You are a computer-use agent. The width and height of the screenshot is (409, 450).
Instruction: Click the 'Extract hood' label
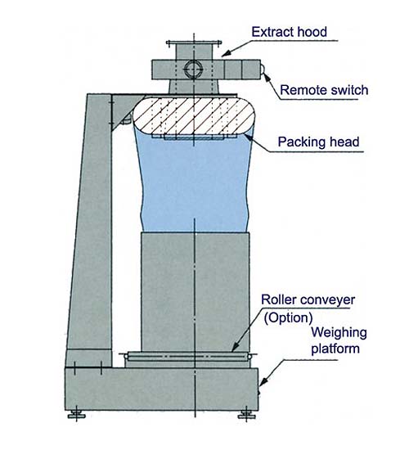(x=289, y=32)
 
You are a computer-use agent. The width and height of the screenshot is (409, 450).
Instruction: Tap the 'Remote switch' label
(x=324, y=90)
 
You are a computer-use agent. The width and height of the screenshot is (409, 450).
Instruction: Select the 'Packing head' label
(x=318, y=142)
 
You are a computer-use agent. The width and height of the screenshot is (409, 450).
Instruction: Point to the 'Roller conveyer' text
(x=308, y=300)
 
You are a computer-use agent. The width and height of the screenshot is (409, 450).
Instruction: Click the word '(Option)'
(x=288, y=317)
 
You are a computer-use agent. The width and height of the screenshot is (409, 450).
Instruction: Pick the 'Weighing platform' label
(x=339, y=340)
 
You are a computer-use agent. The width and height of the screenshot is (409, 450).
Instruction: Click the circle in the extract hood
(x=193, y=70)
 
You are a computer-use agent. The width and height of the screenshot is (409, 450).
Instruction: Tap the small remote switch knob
(x=263, y=69)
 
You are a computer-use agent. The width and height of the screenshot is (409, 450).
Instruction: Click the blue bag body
(x=194, y=183)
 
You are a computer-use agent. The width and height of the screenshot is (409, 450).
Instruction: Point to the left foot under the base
(x=76, y=415)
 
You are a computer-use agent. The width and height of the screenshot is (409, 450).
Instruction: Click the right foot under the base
(x=246, y=415)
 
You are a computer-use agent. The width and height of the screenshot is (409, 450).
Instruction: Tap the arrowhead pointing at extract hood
(x=226, y=53)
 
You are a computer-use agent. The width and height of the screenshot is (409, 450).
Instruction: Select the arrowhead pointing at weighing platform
(x=263, y=380)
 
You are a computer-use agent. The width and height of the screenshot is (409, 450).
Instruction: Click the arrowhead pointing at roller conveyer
(x=236, y=347)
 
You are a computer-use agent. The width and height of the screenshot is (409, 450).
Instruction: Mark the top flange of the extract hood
(x=194, y=43)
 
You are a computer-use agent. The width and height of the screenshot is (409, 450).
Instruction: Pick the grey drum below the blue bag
(x=196, y=292)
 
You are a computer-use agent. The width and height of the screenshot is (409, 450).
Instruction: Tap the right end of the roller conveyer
(x=249, y=357)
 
